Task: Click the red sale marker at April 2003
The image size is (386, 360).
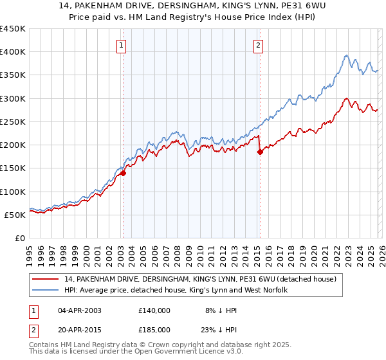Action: (123, 172)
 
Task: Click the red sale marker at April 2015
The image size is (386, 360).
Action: (260, 152)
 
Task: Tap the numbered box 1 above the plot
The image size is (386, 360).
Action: (122, 45)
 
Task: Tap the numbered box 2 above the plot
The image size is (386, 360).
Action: (258, 45)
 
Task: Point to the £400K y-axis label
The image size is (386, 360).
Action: (13, 52)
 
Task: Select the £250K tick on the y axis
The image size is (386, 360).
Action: (13, 122)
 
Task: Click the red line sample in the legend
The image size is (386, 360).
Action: (46, 279)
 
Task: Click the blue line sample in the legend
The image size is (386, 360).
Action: (46, 291)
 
